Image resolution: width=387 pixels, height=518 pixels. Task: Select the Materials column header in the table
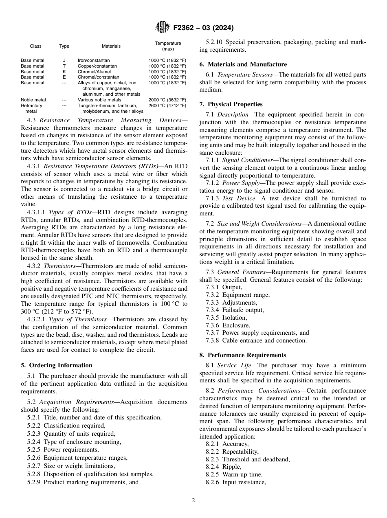coord(111,46)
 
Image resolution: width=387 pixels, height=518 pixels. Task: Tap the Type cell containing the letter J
coord(64,60)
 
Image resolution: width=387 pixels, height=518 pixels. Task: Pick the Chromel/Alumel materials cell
coord(95,72)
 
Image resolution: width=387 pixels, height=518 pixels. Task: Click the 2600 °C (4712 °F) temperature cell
coord(167,105)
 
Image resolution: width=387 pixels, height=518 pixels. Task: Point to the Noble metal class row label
coord(33,100)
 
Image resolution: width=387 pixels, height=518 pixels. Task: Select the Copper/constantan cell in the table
coord(97,66)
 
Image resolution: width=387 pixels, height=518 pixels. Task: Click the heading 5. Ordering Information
coord(57,365)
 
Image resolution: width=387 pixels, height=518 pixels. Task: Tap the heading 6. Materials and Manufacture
coord(243,64)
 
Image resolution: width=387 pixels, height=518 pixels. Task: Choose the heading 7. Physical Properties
coord(231,104)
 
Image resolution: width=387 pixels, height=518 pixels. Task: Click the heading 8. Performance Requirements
coord(243,355)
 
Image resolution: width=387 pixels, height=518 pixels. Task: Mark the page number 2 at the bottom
coord(193,500)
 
